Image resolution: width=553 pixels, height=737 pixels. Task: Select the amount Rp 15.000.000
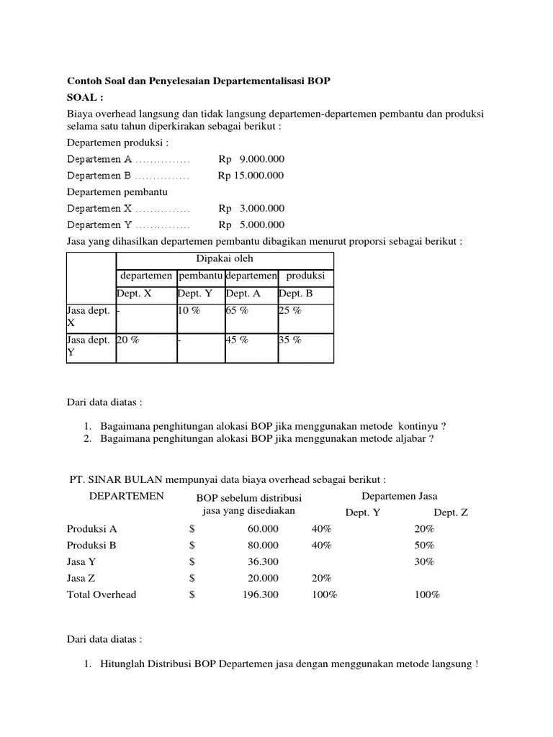[251, 175]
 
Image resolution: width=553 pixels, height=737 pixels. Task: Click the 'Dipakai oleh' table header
[225, 259]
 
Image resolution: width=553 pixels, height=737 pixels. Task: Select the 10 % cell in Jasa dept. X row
[189, 311]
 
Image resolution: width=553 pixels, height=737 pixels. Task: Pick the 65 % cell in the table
[237, 311]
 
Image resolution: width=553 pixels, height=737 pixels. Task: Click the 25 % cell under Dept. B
[290, 311]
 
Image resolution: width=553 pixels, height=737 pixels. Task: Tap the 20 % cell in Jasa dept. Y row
[127, 340]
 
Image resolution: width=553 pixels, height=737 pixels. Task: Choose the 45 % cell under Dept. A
[237, 340]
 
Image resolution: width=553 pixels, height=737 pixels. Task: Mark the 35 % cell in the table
[290, 340]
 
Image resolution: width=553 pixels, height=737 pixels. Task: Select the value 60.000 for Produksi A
[264, 528]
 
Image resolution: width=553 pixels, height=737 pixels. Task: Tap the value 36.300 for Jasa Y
[264, 561]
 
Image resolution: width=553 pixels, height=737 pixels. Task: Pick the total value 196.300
[261, 594]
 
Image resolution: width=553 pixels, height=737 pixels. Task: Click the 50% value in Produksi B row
[424, 545]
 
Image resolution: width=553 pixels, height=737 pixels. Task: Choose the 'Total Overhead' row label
[102, 594]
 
